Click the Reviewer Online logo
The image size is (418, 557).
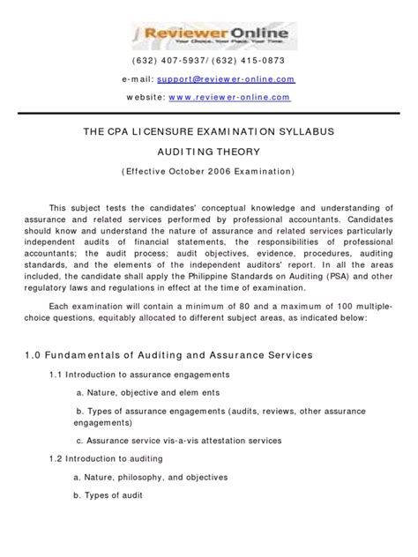click(209, 35)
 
